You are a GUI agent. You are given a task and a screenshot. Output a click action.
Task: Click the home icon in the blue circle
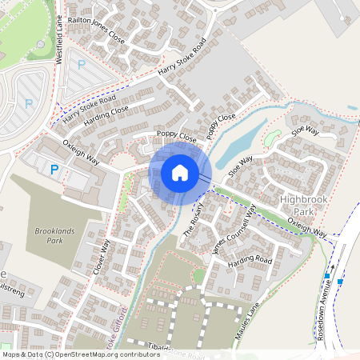(179, 172)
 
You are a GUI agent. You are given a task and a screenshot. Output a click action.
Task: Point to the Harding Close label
(106, 114)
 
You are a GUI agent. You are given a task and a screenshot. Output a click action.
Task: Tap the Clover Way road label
(101, 257)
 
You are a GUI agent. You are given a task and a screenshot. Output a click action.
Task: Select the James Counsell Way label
(233, 228)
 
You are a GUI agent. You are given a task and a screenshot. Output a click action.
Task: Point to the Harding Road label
(250, 261)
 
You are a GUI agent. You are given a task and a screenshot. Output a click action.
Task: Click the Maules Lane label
(248, 316)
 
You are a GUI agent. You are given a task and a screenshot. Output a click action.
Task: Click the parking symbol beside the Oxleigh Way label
(54, 169)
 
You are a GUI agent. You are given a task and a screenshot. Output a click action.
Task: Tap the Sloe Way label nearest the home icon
(239, 165)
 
